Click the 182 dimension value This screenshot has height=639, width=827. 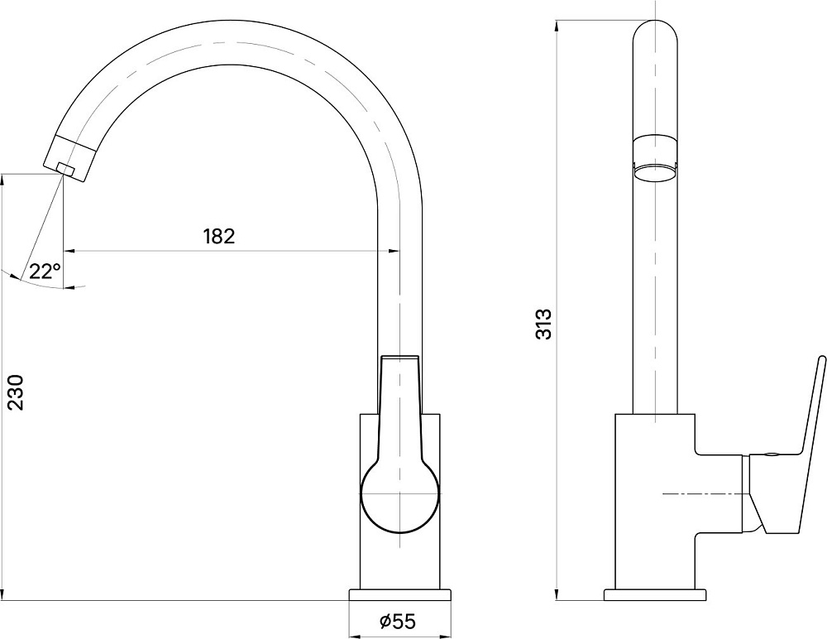coord(219,236)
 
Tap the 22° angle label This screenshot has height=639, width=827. coord(45,271)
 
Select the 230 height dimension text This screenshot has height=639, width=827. coord(15,392)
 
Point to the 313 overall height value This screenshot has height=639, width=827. coord(543,324)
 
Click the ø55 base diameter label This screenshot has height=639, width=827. coord(398,622)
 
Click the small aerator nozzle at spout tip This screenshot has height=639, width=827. coord(65,168)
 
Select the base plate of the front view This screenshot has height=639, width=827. coord(400,595)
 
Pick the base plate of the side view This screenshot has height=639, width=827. coord(655,595)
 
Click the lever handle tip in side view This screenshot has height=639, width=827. coord(821,359)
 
